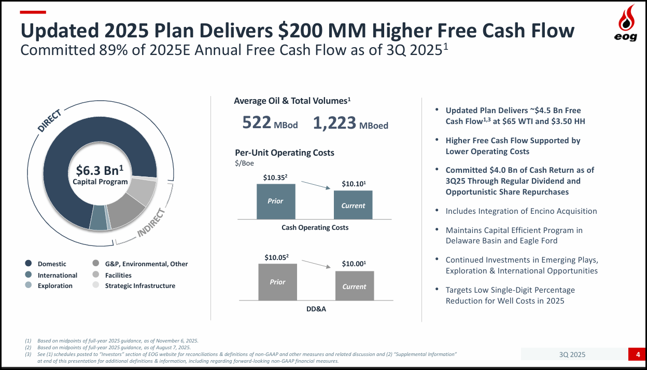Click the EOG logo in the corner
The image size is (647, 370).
626,23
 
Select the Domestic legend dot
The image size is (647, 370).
29,264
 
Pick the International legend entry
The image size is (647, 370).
57,275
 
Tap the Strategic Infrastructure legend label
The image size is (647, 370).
140,286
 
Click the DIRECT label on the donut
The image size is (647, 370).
50,120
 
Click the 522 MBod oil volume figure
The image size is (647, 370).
270,123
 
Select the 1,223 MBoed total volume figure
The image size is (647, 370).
350,123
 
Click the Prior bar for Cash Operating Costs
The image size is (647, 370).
276,201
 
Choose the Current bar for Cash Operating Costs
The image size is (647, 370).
353,205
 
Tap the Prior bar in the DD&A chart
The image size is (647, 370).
277,282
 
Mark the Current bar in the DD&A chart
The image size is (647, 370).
354,286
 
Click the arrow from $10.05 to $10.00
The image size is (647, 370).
317,264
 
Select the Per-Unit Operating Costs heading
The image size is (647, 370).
285,153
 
